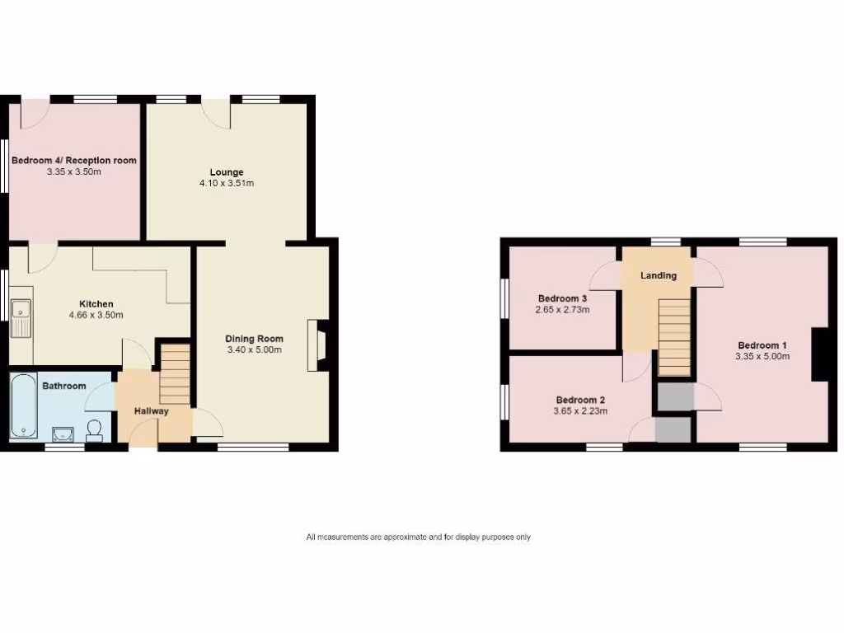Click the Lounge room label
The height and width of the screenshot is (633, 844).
[x=226, y=172]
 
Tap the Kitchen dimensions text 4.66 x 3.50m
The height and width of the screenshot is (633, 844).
[x=96, y=315]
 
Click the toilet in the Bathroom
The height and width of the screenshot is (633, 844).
[x=94, y=430]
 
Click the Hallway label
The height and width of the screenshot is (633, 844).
[x=152, y=410]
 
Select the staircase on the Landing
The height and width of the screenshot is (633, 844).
[x=674, y=336]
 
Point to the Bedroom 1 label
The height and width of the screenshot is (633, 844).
[x=762, y=345]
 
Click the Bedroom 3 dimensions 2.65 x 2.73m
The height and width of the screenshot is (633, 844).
[x=562, y=310]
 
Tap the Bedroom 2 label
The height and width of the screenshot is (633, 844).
[x=581, y=399]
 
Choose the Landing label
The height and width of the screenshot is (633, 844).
[x=659, y=275]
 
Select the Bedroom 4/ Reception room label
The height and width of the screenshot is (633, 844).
[x=74, y=161]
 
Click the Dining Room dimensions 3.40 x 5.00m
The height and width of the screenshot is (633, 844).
[x=255, y=349]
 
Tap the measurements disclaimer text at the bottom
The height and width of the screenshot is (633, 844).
[x=418, y=537]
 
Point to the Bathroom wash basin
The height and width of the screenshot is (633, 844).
[x=63, y=433]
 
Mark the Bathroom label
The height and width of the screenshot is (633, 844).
[x=64, y=386]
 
